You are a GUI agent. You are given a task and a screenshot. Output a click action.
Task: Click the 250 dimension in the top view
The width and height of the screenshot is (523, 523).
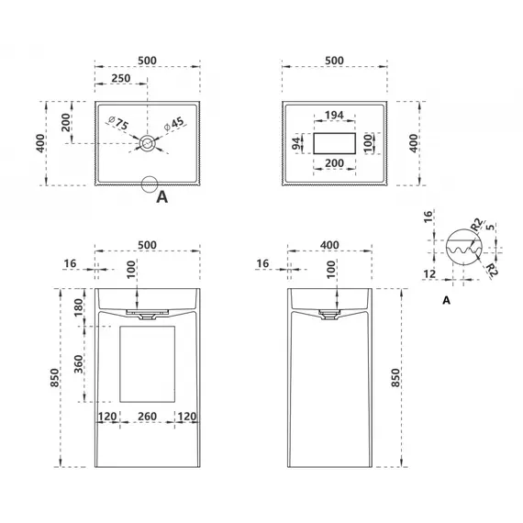(121, 78)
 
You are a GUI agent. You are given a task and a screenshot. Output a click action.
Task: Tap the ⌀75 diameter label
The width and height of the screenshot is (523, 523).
(118, 123)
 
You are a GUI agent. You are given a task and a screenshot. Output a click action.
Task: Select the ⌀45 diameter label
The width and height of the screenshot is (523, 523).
(173, 124)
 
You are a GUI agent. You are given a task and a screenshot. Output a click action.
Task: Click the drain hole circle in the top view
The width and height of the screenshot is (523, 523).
(147, 143)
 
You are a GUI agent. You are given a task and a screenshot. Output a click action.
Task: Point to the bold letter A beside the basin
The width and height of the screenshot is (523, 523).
(161, 197)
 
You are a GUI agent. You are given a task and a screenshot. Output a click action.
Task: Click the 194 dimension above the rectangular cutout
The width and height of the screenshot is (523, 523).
(334, 115)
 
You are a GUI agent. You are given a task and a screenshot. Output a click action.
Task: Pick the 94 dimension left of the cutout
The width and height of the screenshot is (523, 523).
(296, 143)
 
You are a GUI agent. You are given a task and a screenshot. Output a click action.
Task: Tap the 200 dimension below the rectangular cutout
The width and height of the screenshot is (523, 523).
(334, 163)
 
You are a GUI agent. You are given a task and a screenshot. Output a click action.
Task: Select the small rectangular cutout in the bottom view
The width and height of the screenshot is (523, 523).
(334, 143)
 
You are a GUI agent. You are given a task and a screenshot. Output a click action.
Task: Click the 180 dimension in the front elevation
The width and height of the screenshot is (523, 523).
(78, 307)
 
